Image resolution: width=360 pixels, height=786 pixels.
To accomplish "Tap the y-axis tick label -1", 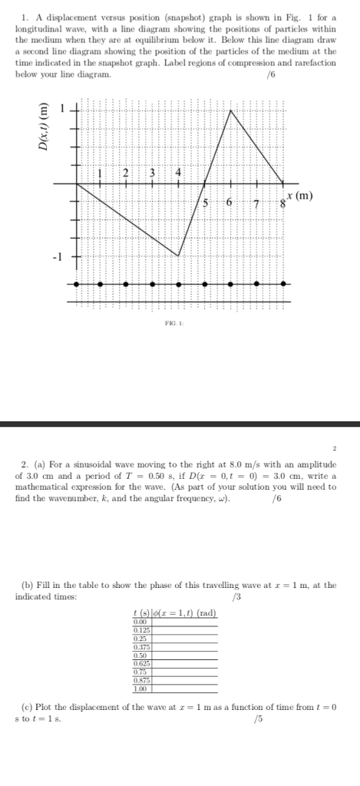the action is point(56,256).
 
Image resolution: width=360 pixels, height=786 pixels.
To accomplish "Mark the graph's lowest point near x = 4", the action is point(178,256).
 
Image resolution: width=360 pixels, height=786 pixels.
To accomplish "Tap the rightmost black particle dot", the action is point(284,284).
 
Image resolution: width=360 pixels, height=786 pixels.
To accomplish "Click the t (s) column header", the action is point(140,612).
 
